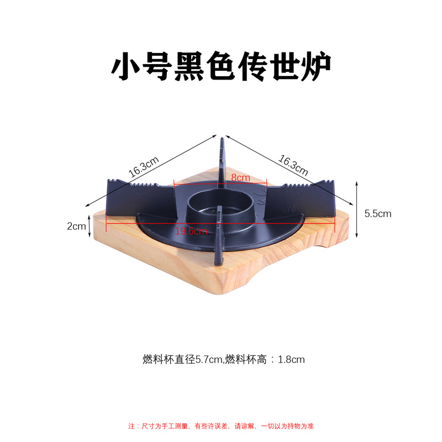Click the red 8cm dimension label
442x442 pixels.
(x=240, y=178)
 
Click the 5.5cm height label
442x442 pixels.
(x=378, y=213)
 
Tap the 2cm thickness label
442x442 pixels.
(x=76, y=226)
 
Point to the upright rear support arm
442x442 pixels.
(x=222, y=160)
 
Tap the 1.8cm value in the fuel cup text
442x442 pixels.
(x=291, y=360)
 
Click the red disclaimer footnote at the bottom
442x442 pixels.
(x=221, y=426)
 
